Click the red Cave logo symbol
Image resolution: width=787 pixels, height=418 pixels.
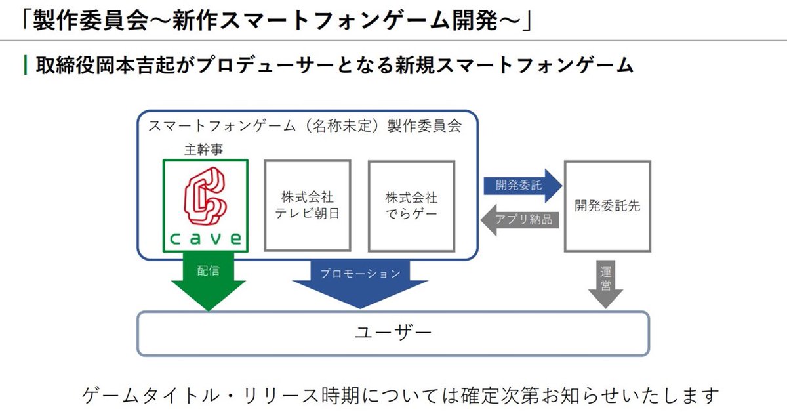click(x=205, y=195)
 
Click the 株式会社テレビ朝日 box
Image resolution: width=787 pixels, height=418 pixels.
click(x=307, y=205)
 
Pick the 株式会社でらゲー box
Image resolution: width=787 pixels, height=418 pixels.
click(x=411, y=205)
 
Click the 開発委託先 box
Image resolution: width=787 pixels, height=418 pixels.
click(x=607, y=205)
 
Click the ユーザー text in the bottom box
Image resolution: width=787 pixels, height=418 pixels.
click(x=393, y=333)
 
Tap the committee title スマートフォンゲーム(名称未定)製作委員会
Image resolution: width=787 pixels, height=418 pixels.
click(x=304, y=125)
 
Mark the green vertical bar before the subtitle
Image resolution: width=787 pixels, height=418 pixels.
click(x=25, y=65)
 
